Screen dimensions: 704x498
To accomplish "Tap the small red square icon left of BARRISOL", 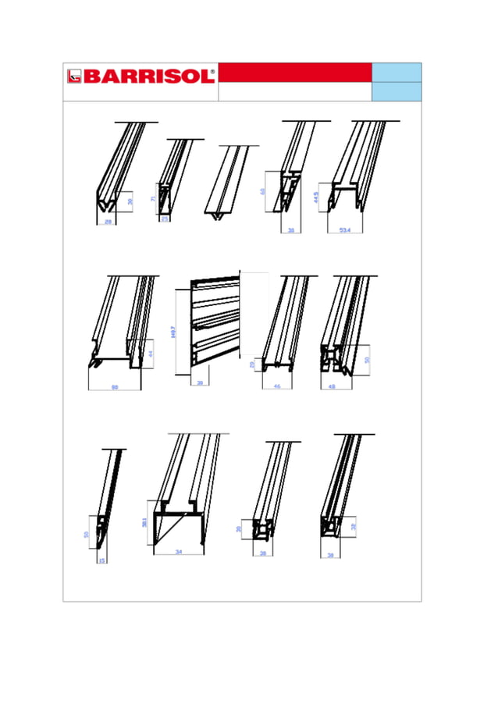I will pyautogui.click(x=74, y=76).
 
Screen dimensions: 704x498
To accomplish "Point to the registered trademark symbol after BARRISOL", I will pyautogui.click(x=213, y=70).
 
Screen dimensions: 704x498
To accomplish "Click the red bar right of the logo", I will pyautogui.click(x=294, y=73).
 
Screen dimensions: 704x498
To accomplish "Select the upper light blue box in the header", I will pyautogui.click(x=397, y=72).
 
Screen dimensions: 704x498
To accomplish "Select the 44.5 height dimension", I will pyautogui.click(x=316, y=198).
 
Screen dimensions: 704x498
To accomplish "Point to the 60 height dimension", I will pyautogui.click(x=263, y=191).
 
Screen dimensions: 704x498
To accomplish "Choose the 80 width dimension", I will pyautogui.click(x=115, y=387).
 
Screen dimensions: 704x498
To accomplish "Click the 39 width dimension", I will pyautogui.click(x=199, y=383).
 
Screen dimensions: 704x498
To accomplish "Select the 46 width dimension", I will pyautogui.click(x=276, y=386).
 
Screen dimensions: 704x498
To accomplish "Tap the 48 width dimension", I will pyautogui.click(x=332, y=386).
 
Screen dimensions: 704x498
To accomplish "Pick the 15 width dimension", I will pyautogui.click(x=102, y=560).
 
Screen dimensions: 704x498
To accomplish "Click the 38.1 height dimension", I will pyautogui.click(x=144, y=522).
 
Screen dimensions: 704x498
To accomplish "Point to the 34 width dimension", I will pyautogui.click(x=178, y=552).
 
